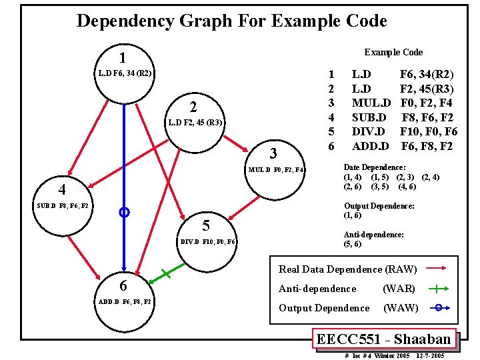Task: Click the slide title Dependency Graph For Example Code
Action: coord(231,21)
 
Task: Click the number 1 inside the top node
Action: coord(123,58)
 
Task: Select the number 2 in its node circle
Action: coord(193,107)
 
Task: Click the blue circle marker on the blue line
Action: coord(123,213)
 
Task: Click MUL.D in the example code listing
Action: coord(371,103)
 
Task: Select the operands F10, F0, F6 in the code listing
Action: coord(429,131)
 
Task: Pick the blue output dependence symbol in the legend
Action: coord(437,308)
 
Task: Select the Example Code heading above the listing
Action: coord(393,52)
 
